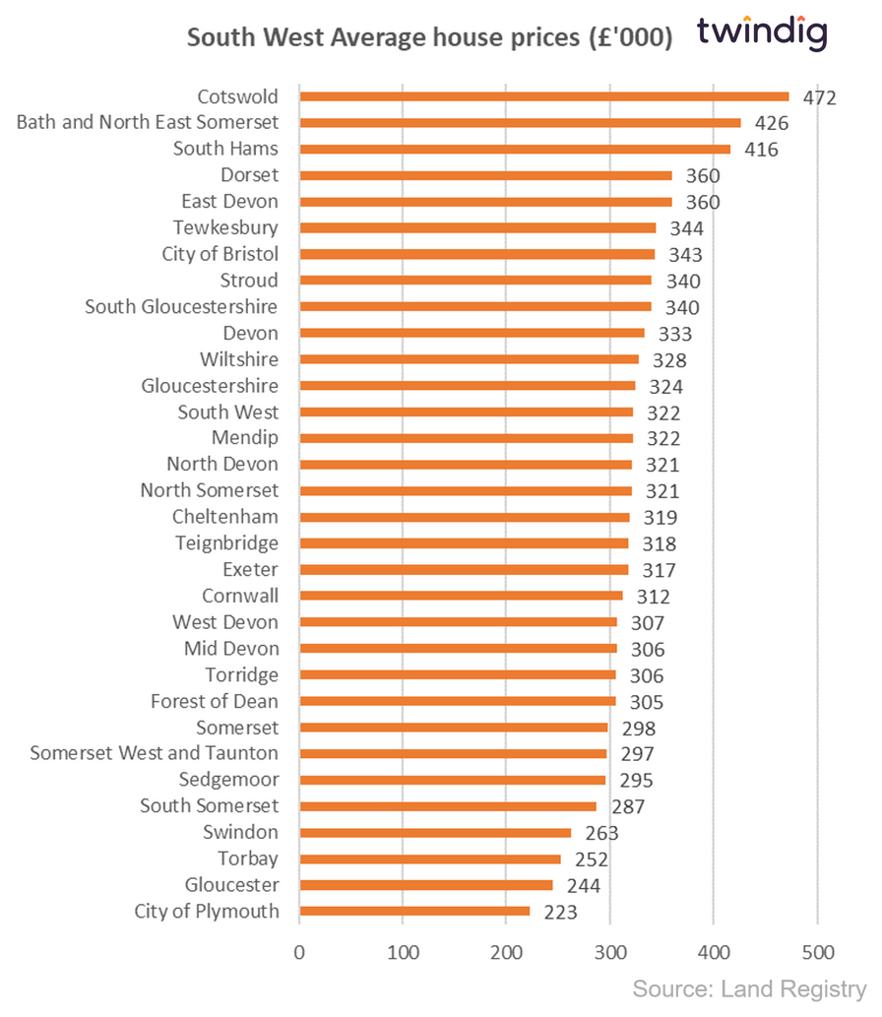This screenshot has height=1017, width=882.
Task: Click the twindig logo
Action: (x=762, y=32)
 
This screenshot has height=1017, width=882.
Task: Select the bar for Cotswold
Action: (x=543, y=96)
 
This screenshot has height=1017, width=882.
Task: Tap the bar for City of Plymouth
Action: (x=414, y=911)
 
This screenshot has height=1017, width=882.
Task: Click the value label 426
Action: (x=765, y=124)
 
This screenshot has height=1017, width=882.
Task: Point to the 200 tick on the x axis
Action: (x=506, y=952)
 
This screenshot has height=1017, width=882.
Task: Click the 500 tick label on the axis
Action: (x=817, y=952)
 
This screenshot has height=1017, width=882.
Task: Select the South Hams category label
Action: (x=225, y=149)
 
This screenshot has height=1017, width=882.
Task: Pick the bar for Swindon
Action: (x=435, y=832)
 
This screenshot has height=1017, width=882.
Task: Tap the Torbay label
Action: (x=248, y=858)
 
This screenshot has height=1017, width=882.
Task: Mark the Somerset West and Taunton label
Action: (x=154, y=753)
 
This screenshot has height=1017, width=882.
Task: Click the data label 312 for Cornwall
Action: (x=652, y=597)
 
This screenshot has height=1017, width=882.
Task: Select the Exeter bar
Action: (x=464, y=569)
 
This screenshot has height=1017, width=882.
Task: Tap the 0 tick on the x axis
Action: (x=299, y=952)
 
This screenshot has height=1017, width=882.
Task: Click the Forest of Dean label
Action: (x=215, y=701)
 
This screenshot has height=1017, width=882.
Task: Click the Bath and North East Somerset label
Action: (x=148, y=122)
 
